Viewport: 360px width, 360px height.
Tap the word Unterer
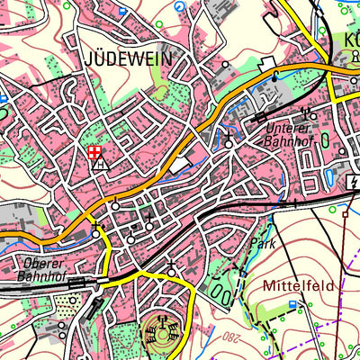point(288,128)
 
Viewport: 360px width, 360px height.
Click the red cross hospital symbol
point(94,153)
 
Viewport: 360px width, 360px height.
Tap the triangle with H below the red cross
point(101,166)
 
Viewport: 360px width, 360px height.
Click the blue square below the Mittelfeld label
point(295,306)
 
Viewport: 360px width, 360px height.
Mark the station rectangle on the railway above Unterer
point(261,116)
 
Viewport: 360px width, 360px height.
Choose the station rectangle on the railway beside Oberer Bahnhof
point(77,282)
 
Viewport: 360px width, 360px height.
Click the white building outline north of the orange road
point(266,63)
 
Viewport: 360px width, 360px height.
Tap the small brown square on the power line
point(345,214)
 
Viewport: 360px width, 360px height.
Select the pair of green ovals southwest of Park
point(219,293)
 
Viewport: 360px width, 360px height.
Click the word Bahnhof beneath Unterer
point(288,141)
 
